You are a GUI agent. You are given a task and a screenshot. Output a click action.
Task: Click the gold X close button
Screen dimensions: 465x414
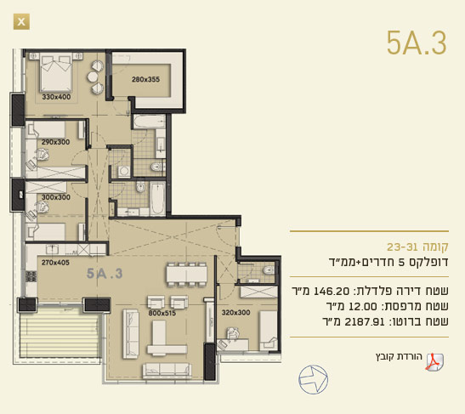tap(21, 21)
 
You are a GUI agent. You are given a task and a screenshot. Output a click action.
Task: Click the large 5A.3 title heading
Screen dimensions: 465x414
tap(417, 43)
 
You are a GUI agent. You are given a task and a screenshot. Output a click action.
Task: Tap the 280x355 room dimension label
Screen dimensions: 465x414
tap(145, 79)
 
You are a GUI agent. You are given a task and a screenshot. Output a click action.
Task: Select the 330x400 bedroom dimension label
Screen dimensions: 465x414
tap(56, 97)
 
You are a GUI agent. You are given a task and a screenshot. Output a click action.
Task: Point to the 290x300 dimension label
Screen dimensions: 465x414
tap(55, 142)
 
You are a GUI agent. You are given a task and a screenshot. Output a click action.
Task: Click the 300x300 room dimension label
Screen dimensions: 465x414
tap(56, 197)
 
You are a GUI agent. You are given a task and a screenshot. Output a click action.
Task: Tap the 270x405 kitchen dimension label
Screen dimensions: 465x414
tap(55, 262)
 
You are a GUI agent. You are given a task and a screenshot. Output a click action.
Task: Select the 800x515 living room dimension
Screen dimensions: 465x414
tap(162, 313)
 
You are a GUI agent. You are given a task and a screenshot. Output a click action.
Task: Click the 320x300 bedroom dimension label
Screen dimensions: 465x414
tap(235, 312)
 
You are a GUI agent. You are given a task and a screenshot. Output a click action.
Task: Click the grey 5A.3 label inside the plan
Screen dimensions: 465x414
tap(105, 274)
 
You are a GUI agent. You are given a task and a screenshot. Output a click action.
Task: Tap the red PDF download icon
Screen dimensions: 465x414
tap(434, 362)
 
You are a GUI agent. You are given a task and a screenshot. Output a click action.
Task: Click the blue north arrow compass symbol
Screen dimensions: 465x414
tap(313, 380)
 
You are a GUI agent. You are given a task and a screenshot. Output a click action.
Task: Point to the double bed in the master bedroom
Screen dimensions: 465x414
tap(56, 72)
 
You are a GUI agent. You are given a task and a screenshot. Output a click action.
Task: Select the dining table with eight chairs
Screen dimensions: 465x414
tap(186, 275)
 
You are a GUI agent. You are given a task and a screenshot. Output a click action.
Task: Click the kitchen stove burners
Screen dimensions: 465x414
tap(31, 276)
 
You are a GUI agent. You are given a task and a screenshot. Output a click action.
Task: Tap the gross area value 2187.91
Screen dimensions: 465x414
tap(365, 322)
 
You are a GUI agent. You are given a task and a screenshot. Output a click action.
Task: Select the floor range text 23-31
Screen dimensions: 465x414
tap(400, 247)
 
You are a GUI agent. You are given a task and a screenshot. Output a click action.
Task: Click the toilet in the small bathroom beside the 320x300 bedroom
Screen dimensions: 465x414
tap(269, 270)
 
